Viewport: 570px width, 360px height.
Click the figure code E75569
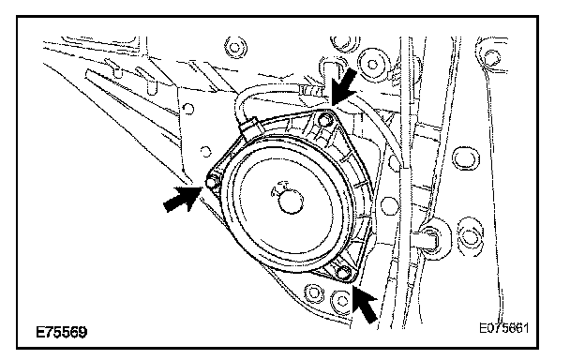point(62,332)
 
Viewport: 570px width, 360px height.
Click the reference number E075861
point(503,328)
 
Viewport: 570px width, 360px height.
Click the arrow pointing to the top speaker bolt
point(343,87)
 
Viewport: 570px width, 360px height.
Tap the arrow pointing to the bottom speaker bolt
point(366,304)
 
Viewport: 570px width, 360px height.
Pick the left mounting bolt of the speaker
point(211,182)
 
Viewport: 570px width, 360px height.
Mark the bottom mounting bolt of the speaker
point(343,272)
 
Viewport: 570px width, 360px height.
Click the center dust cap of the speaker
point(291,201)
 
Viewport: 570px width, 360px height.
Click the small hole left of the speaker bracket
point(205,151)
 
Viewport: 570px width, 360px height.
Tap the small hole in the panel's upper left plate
point(188,109)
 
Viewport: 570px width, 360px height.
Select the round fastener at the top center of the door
point(235,48)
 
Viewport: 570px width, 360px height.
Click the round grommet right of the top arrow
point(372,64)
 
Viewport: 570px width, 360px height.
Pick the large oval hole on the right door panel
point(465,158)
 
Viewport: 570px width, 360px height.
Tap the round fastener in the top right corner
point(491,58)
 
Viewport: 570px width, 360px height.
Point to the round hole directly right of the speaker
point(390,205)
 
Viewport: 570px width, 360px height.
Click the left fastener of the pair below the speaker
point(313,292)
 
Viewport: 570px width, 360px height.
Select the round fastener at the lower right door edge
point(470,233)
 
